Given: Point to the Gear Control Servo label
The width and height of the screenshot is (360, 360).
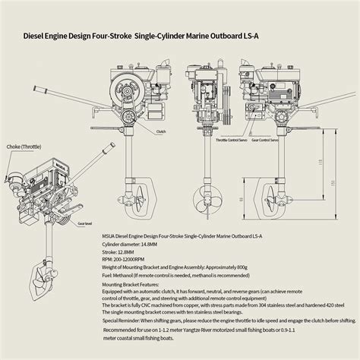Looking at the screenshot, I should click(x=265, y=141).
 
